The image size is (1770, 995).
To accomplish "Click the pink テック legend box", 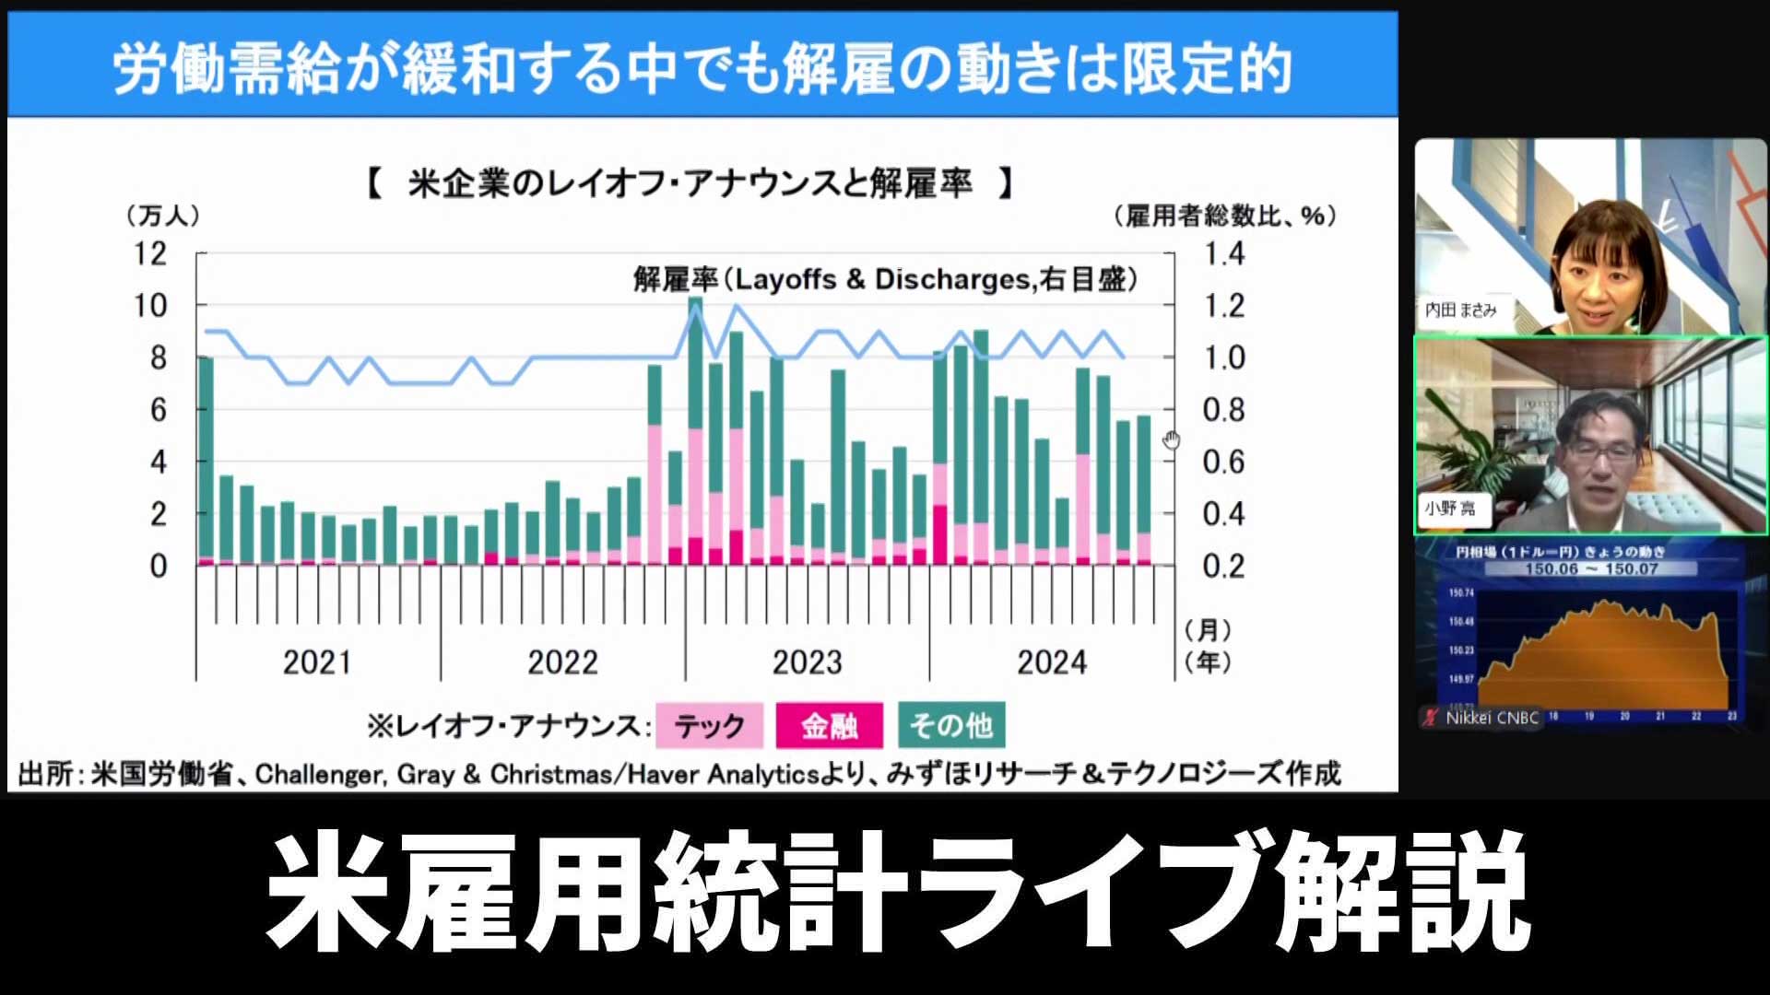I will [x=709, y=726].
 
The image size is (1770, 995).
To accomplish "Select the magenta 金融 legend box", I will [x=829, y=726].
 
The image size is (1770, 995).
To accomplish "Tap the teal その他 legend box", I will [x=951, y=726].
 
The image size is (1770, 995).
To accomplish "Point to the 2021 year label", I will [x=316, y=662].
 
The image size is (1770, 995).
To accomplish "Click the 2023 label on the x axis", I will [x=807, y=662].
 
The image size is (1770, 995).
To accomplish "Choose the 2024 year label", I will [x=1052, y=662].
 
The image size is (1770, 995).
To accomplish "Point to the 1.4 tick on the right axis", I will [x=1224, y=253].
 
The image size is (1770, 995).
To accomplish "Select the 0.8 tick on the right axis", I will [x=1224, y=410].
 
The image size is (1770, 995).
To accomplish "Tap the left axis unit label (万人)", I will [x=162, y=216].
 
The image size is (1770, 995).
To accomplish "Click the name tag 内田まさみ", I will [x=1461, y=310].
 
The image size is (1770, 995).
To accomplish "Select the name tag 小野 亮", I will [x=1450, y=509].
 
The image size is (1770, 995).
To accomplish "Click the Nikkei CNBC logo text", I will [x=1492, y=718].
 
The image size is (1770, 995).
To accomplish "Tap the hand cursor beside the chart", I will [x=1171, y=440].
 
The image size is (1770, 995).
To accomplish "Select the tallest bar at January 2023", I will [x=695, y=428].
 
